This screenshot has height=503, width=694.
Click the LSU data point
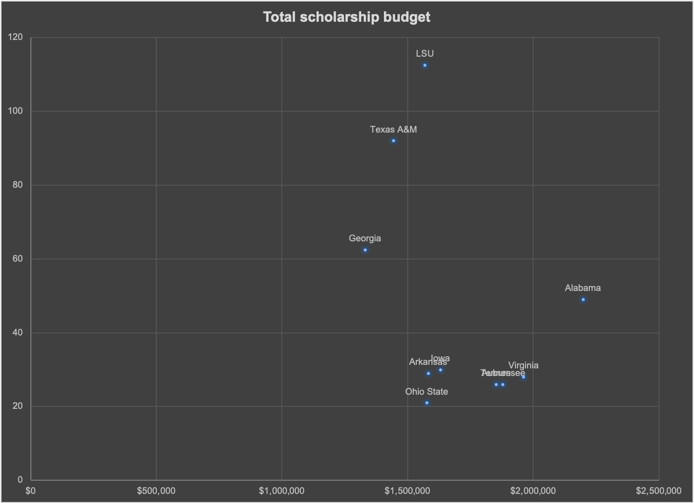pos(425,65)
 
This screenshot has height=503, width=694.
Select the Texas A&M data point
pos(394,141)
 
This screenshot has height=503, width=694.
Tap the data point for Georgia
pos(365,250)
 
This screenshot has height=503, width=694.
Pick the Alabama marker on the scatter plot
pos(583,300)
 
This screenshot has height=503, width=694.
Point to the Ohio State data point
pos(427,403)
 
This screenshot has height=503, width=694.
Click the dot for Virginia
pos(524,376)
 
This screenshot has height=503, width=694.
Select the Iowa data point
pos(441,370)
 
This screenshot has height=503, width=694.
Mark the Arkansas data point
pos(428,373)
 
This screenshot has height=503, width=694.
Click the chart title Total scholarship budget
pos(346,17)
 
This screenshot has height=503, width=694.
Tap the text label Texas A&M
pos(394,130)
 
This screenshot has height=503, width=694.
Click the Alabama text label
pos(583,288)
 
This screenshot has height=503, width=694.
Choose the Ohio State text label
pos(426,392)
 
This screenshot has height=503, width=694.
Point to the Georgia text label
pos(365,238)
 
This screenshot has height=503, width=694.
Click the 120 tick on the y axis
pos(16,37)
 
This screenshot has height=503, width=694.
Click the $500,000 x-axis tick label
pos(156,490)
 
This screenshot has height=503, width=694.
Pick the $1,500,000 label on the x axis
pos(407,490)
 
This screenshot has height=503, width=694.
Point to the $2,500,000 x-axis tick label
pos(659,490)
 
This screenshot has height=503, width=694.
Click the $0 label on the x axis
pos(31,490)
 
